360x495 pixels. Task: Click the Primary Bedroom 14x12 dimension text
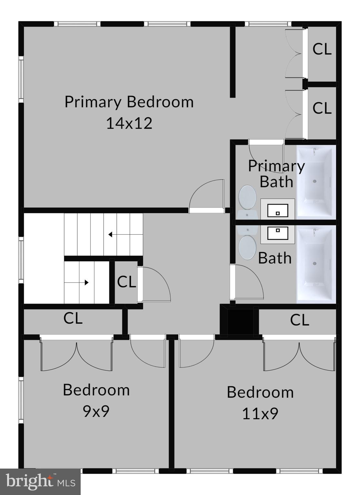click(129, 123)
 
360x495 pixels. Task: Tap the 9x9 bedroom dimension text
click(96, 411)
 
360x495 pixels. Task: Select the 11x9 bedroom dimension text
click(260, 413)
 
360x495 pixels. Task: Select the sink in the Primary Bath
click(277, 210)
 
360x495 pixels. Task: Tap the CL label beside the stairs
click(126, 282)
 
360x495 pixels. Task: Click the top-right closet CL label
click(322, 49)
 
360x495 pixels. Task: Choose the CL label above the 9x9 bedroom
click(73, 318)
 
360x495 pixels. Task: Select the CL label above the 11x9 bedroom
click(299, 320)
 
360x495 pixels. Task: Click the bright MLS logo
click(40, 481)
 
